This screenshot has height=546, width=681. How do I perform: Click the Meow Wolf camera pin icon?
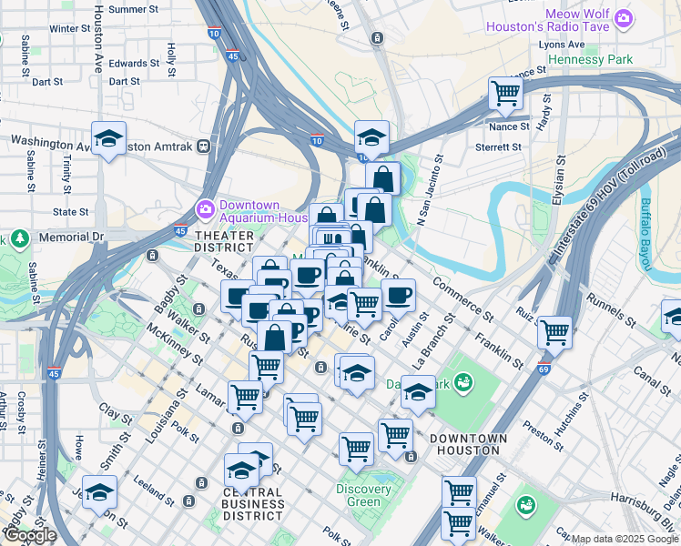(x=623, y=17)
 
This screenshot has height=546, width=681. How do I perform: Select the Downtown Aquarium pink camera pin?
(x=205, y=209)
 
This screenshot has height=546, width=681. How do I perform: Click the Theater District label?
(x=223, y=240)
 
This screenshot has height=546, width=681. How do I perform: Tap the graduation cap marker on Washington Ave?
(x=108, y=139)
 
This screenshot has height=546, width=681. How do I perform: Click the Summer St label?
(x=133, y=10)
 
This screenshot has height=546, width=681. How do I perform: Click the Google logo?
(x=30, y=535)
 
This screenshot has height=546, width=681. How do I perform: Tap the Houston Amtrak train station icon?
(x=205, y=145)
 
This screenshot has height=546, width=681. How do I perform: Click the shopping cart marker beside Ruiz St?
(x=554, y=332)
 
